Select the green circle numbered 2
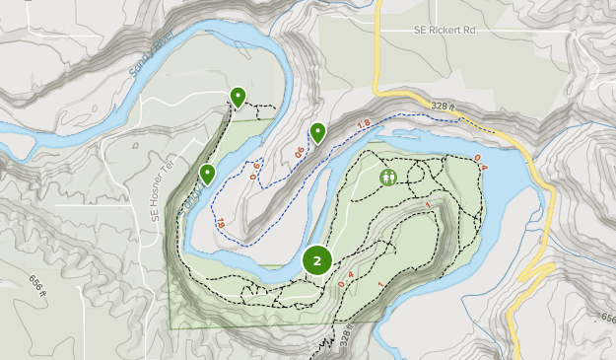317,260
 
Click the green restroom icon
388,178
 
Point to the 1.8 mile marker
363,124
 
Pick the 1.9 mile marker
219,225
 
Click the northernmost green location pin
238,96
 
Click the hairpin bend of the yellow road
532,270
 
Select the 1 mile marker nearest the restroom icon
429,204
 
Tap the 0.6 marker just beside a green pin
299,152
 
